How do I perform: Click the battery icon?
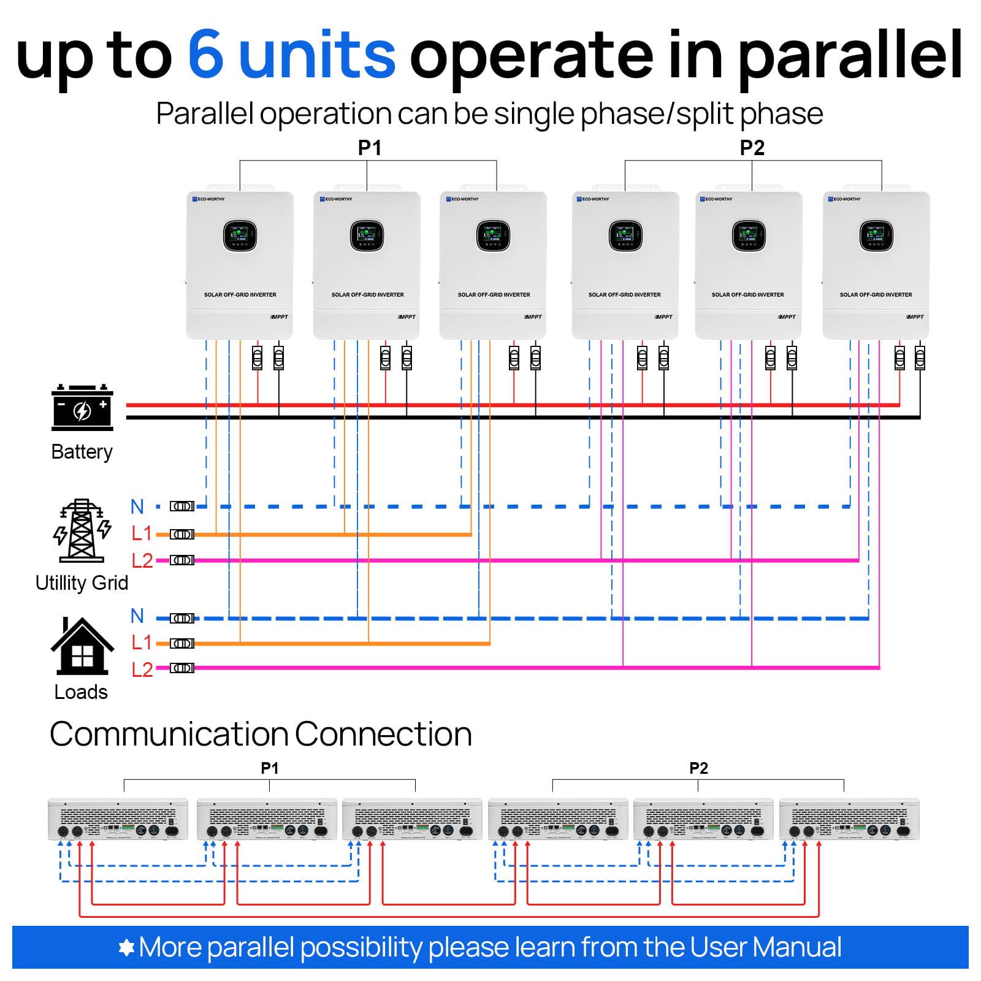[x=82, y=407]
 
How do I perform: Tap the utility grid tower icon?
[x=82, y=531]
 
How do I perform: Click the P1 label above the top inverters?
[x=370, y=148]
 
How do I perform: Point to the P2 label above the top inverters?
[x=752, y=148]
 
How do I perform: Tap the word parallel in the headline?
[x=850, y=56]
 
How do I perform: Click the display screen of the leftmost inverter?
[x=240, y=235]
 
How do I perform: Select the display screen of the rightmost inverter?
[x=876, y=236]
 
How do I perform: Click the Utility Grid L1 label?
[x=142, y=533]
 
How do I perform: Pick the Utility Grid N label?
[x=137, y=507]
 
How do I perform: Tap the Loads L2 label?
[x=142, y=669]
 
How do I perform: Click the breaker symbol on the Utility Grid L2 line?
[x=182, y=560]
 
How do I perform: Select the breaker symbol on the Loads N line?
[x=182, y=618]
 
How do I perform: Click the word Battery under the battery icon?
[x=82, y=452]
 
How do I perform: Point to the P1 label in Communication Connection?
[x=269, y=768]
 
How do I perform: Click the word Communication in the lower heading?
[x=169, y=734]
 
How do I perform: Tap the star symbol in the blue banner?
[x=126, y=947]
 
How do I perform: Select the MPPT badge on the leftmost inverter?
[x=280, y=317]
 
